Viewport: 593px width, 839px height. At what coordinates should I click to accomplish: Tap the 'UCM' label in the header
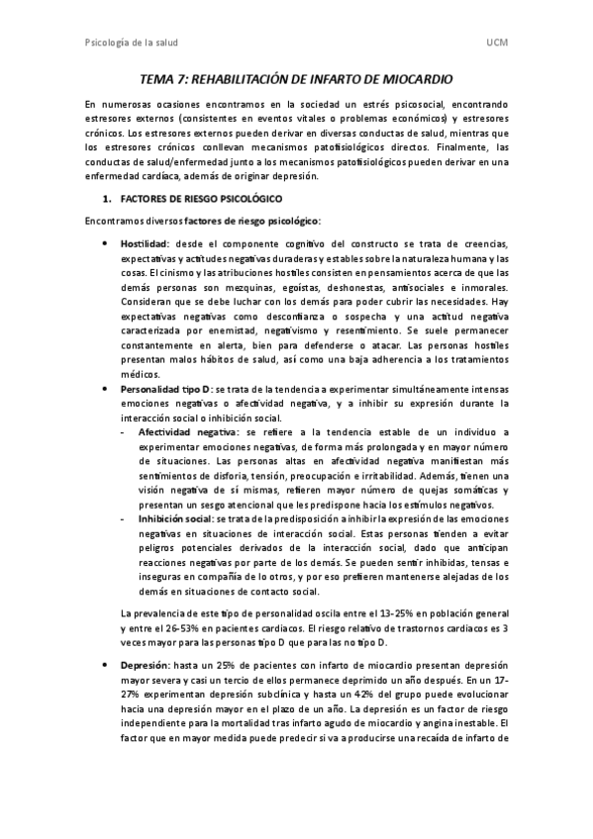click(498, 43)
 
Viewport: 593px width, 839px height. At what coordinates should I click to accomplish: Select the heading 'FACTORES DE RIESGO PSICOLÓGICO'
click(190, 198)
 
